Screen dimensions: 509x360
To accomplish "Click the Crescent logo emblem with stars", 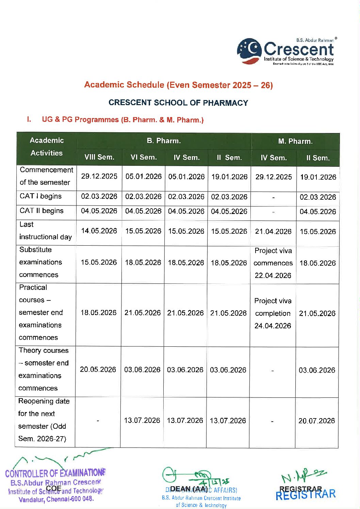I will point(249,51).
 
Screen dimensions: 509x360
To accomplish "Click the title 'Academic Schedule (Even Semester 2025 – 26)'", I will point(178,85).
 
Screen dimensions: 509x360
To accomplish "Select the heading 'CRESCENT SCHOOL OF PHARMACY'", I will point(178,103).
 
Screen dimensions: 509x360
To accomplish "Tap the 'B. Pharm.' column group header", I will point(164,141).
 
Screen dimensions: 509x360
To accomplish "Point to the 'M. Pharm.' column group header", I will point(295,141).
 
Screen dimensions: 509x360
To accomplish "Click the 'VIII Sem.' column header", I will point(99,157).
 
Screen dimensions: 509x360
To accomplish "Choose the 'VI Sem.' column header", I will point(144,157).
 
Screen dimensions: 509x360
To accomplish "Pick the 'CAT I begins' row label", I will point(40,196).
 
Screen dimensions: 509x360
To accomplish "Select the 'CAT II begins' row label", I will point(42,211).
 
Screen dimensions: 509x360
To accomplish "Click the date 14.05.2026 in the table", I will point(99,231).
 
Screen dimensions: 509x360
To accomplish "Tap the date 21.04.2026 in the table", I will point(273,231).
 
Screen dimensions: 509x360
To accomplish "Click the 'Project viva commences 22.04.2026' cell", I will point(273,263).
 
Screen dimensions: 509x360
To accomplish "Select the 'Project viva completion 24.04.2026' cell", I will point(273,313).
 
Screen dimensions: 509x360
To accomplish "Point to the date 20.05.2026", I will point(98,370).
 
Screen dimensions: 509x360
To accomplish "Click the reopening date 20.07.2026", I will point(317,421).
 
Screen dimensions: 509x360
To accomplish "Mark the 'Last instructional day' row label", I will point(45,231).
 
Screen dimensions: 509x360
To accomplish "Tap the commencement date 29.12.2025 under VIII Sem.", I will point(99,176).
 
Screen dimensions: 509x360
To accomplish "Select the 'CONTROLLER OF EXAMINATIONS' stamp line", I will point(55,473).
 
